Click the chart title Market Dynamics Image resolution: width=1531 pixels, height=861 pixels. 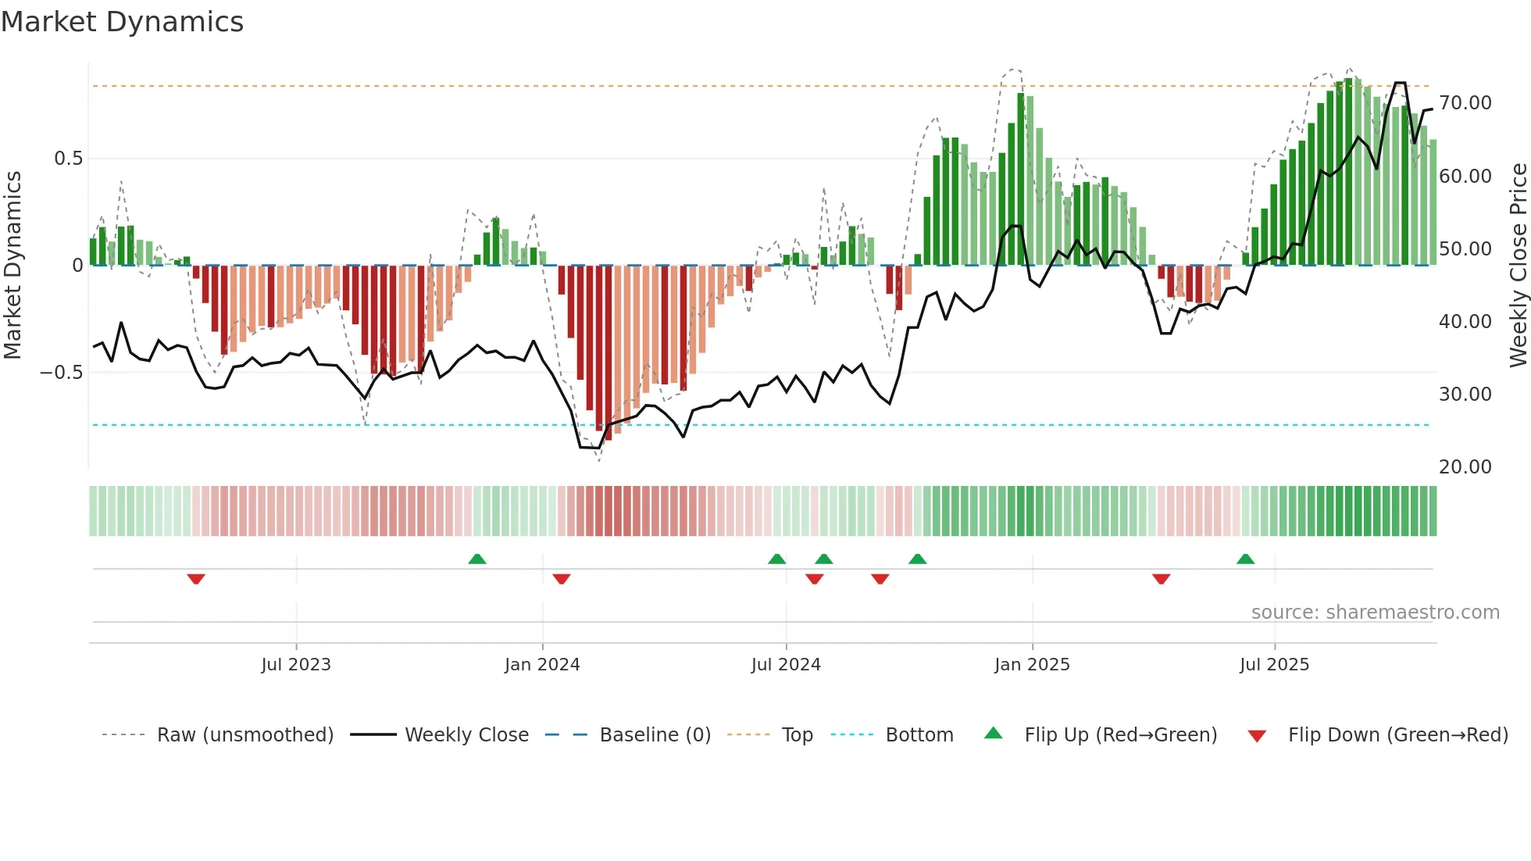point(122,22)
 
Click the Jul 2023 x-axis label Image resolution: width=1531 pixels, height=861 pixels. point(296,665)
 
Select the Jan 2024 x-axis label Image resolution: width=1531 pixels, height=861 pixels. point(542,665)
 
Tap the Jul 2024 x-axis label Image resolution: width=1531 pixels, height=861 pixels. point(786,665)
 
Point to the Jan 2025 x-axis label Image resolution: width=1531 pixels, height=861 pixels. point(1032,665)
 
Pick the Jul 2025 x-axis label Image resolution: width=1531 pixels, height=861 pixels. point(1274,665)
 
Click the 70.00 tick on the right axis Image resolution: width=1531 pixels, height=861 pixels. point(1465,103)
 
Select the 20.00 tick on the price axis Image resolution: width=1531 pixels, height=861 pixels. point(1465,467)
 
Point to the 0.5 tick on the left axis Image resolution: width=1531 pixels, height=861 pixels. point(68,159)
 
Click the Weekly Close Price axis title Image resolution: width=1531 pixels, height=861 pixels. point(1518,266)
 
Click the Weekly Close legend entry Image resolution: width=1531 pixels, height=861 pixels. point(466,735)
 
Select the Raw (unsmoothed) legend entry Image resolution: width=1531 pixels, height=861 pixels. point(244,735)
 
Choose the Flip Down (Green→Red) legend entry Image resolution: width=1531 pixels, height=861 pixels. point(1397,735)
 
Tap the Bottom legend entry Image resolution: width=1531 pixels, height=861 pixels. point(919,735)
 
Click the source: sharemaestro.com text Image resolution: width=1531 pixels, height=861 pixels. point(1375,613)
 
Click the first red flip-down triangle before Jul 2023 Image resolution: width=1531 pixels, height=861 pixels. point(196,579)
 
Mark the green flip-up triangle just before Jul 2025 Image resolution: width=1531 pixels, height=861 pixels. point(1245,559)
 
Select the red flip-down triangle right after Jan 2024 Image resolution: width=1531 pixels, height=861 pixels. point(562,579)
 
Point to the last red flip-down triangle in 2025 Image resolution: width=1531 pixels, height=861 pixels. point(1161,579)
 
